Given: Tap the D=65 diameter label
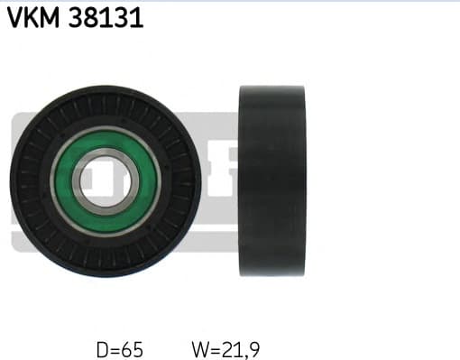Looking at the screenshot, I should coord(119,347).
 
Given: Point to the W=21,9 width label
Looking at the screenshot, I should coord(226,347).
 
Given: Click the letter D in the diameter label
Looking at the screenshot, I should coord(101,347).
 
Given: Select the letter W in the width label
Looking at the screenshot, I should coord(199,347).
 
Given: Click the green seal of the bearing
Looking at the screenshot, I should coord(106,212).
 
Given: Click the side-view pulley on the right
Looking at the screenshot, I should coord(271,181).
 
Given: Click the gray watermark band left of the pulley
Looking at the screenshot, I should coord(15,180).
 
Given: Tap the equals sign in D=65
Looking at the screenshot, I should coord(115,347).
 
